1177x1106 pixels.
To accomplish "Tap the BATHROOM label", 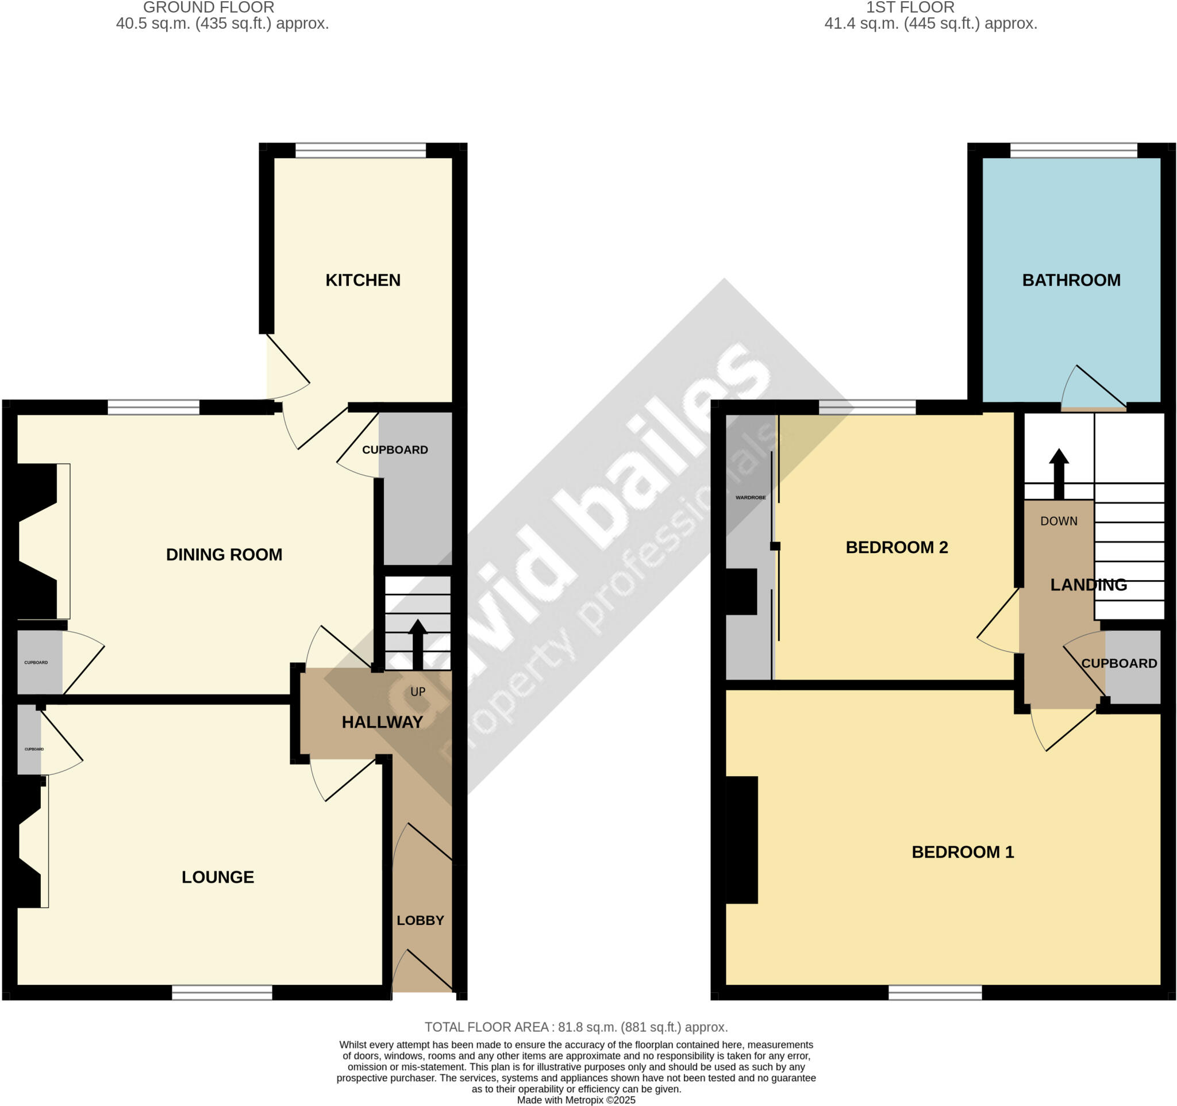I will (1071, 280).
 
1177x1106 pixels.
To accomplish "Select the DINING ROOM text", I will (224, 554).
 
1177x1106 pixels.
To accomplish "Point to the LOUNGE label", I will (217, 877).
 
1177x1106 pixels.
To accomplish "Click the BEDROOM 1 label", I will (962, 852).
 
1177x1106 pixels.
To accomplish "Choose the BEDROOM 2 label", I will (897, 547).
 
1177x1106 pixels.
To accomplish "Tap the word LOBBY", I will (420, 920).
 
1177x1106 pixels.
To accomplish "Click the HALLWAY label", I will (382, 722).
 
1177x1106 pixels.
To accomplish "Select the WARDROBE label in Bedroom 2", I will (750, 497).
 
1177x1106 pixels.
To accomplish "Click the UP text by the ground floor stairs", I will (417, 692).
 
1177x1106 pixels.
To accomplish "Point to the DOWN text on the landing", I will (1059, 521).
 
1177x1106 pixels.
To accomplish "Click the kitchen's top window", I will (360, 151).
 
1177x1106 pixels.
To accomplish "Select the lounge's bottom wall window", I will (221, 992).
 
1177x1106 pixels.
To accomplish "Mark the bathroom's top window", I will (1074, 151).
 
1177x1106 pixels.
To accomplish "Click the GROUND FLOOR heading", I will (209, 7).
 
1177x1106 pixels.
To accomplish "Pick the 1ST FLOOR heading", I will (909, 7).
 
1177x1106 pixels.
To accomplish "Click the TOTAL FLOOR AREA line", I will (575, 1027).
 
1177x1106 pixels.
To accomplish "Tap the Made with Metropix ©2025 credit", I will (575, 1100).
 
